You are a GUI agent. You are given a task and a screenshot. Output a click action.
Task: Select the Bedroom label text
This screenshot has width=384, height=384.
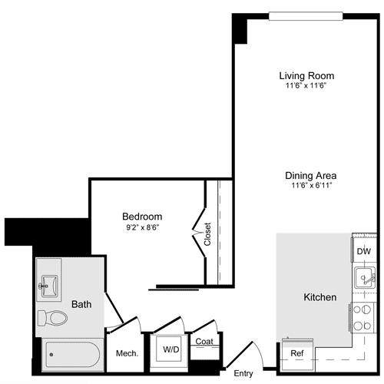pyautogui.click(x=142, y=217)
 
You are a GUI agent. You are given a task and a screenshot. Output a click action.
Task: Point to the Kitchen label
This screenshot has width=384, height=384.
pyautogui.click(x=320, y=296)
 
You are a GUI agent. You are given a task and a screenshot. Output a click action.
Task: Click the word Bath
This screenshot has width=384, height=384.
pyautogui.click(x=81, y=304)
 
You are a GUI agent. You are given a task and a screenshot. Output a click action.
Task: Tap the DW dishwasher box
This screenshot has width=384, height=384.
pyautogui.click(x=363, y=251)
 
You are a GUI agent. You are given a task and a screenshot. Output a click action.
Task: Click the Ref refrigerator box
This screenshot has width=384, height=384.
pyautogui.click(x=296, y=353)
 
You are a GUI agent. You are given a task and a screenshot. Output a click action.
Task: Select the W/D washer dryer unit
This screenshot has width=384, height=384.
pyautogui.click(x=170, y=349)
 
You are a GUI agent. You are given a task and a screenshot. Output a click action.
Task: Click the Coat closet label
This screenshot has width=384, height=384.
pyautogui.click(x=204, y=342)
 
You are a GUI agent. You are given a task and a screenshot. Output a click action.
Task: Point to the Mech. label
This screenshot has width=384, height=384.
pyautogui.click(x=126, y=353)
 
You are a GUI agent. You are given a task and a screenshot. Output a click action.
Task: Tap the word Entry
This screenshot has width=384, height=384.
pyautogui.click(x=243, y=373)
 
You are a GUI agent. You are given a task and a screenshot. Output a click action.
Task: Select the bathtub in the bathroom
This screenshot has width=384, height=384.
pyautogui.click(x=71, y=356)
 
